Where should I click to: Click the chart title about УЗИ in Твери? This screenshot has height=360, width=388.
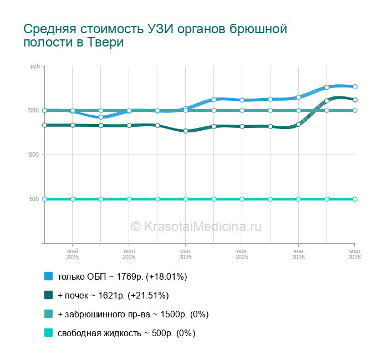[155, 35]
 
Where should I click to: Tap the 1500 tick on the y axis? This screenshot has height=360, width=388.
[32, 110]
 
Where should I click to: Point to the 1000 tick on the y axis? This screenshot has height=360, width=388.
[32, 155]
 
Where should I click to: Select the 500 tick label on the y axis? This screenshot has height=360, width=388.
[34, 199]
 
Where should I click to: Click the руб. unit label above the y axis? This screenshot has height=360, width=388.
[35, 66]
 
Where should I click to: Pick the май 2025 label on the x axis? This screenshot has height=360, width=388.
[73, 254]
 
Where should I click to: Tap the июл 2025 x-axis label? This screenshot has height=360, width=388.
[129, 254]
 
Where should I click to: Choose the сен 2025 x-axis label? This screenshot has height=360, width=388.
[185, 254]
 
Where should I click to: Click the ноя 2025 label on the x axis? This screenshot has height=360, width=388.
[242, 254]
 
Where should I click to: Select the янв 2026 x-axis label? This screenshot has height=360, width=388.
[298, 254]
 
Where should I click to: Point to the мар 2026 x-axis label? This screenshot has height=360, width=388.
[354, 254]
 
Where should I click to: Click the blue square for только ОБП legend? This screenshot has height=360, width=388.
[48, 276]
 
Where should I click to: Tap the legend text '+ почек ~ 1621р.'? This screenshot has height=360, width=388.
[113, 295]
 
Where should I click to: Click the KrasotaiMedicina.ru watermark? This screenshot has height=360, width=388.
[196, 226]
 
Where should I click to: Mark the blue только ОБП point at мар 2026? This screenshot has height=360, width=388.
[355, 86]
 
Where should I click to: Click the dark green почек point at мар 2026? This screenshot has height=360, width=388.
[355, 100]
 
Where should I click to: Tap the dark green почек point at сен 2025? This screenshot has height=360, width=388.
[186, 131]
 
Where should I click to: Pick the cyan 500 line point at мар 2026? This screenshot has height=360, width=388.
[355, 199]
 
